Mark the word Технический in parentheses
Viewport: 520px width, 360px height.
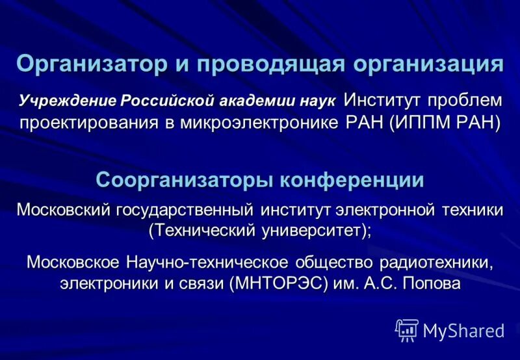click(204, 229)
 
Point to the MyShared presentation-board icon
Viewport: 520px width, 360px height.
click(406, 330)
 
